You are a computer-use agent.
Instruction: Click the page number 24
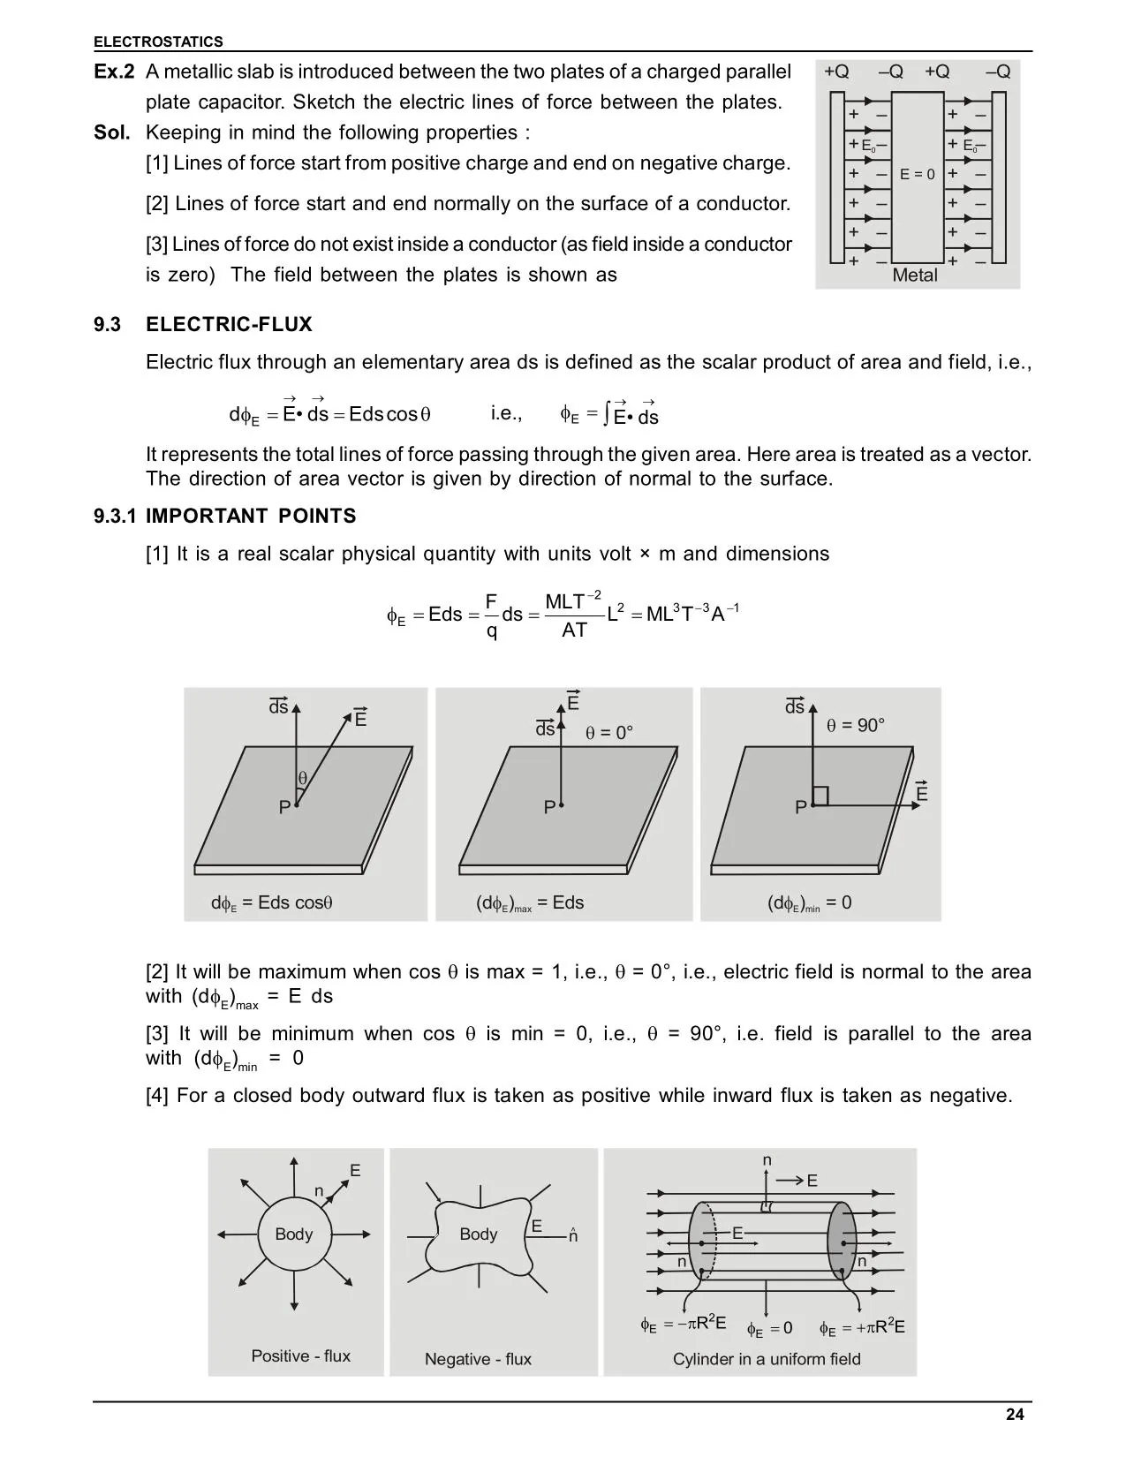1015,1415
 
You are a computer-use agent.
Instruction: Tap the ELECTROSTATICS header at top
158,42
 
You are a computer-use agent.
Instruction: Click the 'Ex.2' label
114,72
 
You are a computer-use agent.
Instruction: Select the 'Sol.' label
112,132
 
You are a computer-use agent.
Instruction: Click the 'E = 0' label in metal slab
917,175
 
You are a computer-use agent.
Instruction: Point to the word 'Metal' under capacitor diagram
914,276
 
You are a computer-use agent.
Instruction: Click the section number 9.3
107,325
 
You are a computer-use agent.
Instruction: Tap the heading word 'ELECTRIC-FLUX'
229,325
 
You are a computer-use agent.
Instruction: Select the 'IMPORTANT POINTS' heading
251,517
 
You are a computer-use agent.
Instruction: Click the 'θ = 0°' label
609,733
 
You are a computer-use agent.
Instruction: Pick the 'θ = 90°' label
855,726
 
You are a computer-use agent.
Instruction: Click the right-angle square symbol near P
820,796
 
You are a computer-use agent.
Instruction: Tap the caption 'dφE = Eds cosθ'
271,903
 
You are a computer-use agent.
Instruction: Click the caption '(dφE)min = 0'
809,903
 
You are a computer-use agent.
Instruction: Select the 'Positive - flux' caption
300,1356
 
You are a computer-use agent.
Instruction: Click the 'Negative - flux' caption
478,1359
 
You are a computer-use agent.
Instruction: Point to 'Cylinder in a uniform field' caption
767,1359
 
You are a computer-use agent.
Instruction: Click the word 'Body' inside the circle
293,1234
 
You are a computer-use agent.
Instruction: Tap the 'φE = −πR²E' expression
684,1324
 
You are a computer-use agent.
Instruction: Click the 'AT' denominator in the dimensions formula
574,630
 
